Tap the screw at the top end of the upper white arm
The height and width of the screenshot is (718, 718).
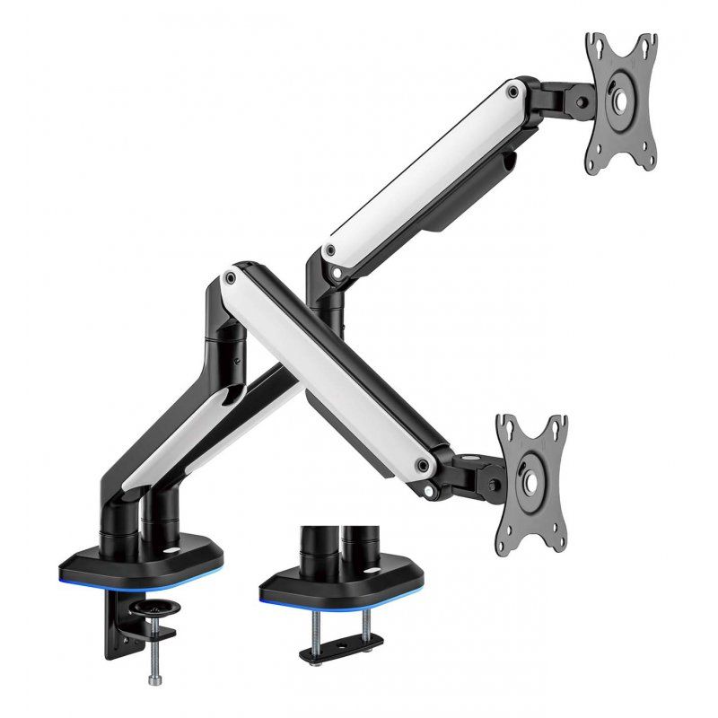coord(512,90)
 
